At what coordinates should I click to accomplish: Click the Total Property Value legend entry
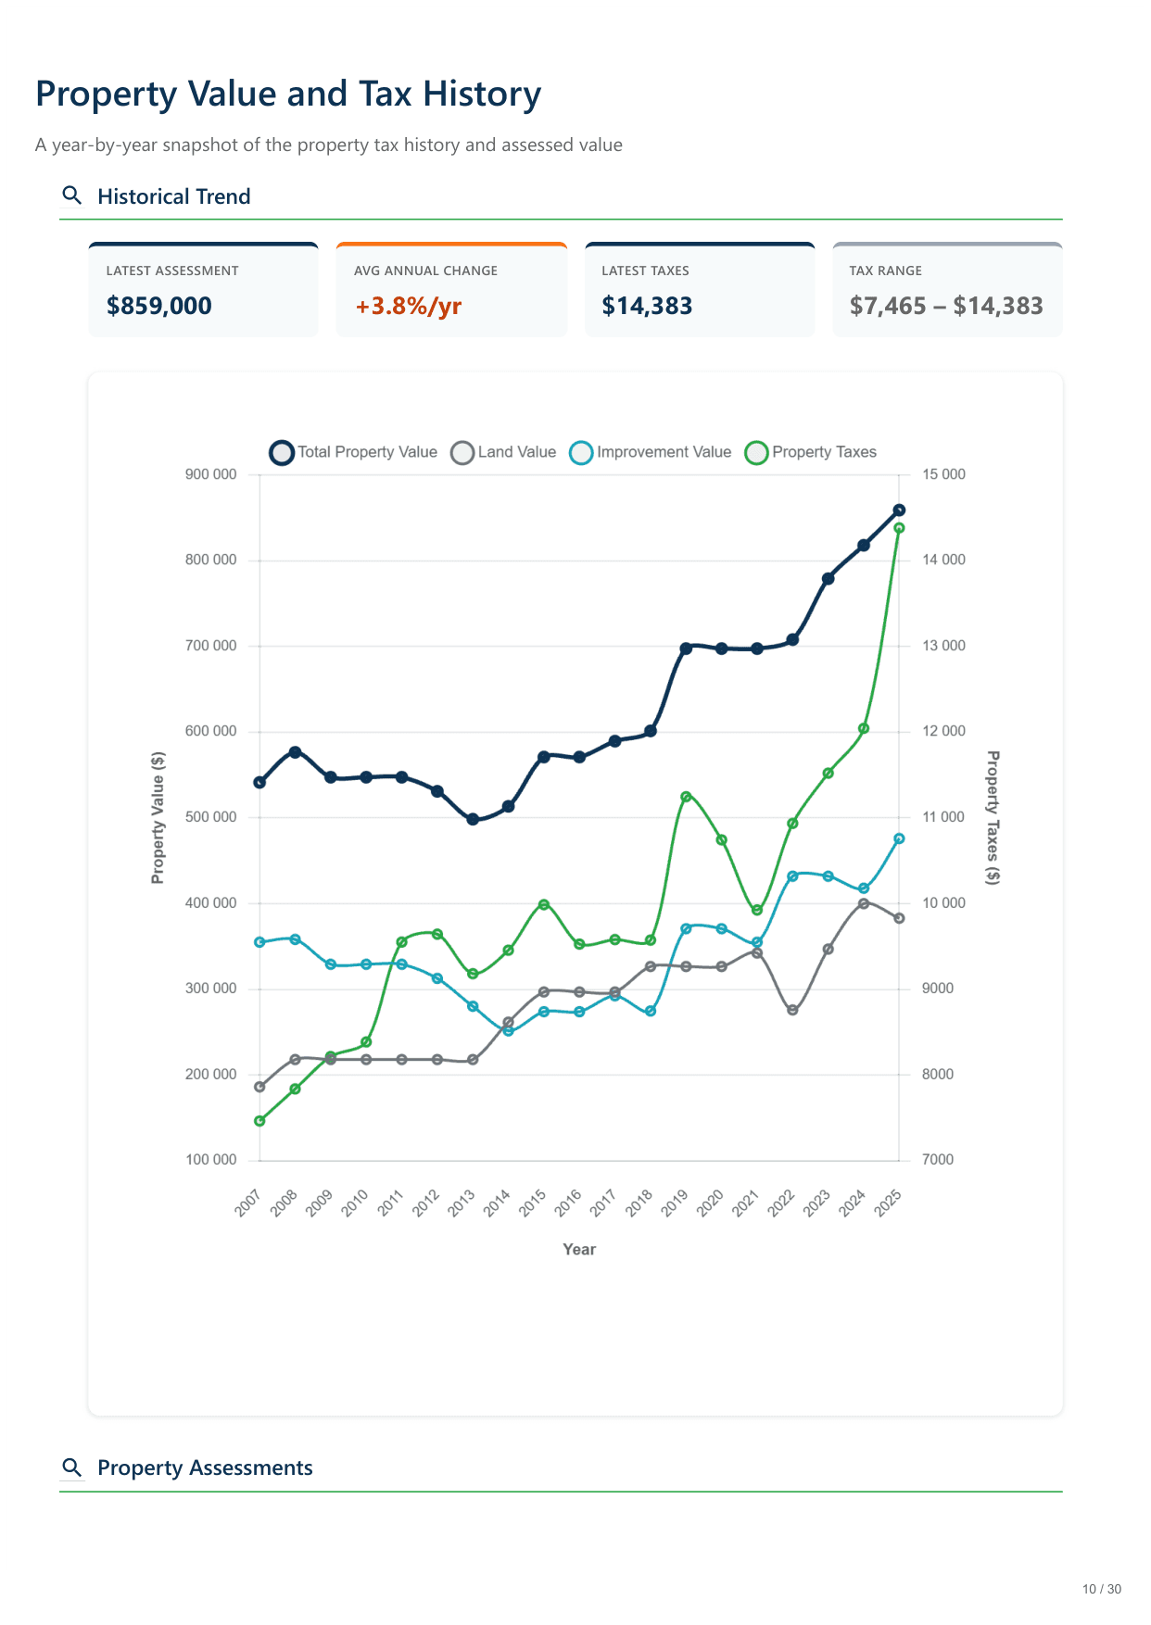353,452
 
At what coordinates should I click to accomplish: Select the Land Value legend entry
503,452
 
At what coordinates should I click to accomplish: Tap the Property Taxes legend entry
811,452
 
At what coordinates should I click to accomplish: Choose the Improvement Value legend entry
651,452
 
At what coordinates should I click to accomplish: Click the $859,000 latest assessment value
159,306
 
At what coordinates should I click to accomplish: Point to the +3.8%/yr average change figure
409,306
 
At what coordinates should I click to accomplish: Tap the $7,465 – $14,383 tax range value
946,306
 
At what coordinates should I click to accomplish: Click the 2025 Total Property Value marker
899,510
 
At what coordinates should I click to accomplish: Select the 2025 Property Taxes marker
899,528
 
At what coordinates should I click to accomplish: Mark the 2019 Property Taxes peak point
686,797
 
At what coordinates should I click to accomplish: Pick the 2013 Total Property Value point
473,819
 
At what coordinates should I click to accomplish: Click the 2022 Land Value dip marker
792,1010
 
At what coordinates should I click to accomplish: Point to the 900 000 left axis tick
211,474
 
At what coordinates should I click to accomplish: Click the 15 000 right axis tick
943,474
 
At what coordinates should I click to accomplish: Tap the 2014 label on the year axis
498,1203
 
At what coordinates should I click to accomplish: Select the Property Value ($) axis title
158,817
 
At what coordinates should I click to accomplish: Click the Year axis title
579,1249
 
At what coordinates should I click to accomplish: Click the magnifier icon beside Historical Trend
71,195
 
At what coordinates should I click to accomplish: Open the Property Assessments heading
205,1468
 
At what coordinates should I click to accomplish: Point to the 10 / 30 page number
1101,1589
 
